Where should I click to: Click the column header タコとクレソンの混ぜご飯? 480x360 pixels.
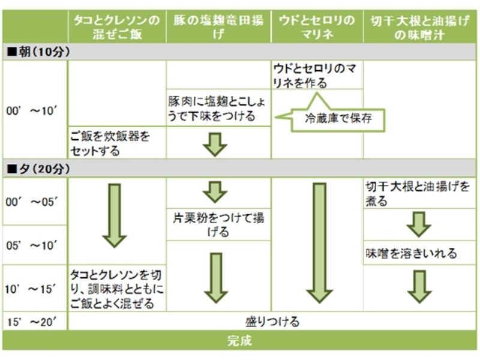click(x=117, y=27)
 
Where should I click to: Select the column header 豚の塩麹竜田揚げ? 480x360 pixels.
click(x=218, y=27)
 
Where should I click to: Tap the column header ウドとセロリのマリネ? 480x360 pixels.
click(x=317, y=27)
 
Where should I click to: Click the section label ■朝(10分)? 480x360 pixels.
click(x=38, y=52)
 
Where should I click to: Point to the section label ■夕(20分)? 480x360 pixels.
click(x=38, y=169)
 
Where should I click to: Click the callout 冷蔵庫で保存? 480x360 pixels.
click(x=338, y=118)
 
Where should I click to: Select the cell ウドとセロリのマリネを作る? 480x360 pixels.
click(x=317, y=76)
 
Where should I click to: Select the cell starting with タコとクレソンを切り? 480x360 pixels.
click(x=116, y=289)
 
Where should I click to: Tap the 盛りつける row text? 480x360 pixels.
click(x=272, y=322)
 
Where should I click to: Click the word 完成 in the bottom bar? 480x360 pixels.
click(x=239, y=341)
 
